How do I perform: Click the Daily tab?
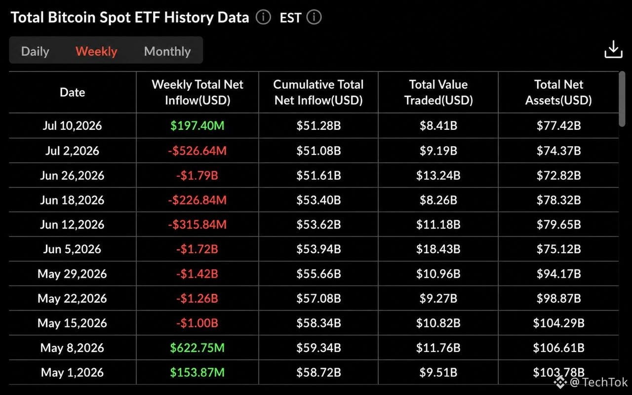tap(35, 51)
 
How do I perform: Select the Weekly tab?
tap(96, 51)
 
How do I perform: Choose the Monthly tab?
tap(167, 51)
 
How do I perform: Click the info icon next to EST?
tap(314, 17)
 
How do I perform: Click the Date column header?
tap(73, 92)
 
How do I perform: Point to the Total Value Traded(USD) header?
tap(438, 92)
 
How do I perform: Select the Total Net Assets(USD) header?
tap(558, 92)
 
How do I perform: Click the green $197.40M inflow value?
tap(197, 125)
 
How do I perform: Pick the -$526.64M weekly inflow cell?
tap(197, 151)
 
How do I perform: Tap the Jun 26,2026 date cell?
tap(72, 175)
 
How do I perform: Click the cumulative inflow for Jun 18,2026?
tap(318, 200)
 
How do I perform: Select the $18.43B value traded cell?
tap(438, 249)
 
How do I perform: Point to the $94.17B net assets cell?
tap(558, 274)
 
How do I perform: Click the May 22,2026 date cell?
tap(72, 299)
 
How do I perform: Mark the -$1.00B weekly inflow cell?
tap(197, 323)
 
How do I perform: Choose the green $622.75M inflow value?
tap(197, 348)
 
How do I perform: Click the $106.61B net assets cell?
tap(558, 348)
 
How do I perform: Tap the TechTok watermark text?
tap(605, 382)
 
